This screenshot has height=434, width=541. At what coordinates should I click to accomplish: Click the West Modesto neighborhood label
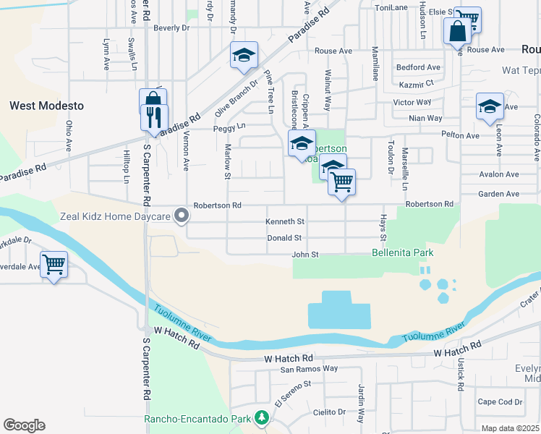click(x=46, y=106)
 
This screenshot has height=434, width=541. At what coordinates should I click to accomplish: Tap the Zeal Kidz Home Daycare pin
click(x=182, y=216)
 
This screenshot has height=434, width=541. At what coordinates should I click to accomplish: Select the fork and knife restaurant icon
click(x=154, y=116)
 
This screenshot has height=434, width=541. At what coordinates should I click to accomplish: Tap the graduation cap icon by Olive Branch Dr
click(x=244, y=55)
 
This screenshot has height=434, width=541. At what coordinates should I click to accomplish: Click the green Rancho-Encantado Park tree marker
click(x=261, y=418)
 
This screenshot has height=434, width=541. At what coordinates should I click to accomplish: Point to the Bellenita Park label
click(x=401, y=253)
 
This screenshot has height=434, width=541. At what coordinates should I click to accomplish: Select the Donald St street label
click(x=284, y=237)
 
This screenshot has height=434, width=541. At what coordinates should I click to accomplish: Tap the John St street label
click(x=304, y=254)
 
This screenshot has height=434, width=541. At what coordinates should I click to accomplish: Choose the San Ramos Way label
click(x=310, y=368)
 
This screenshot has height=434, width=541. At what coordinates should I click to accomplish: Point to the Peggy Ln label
click(x=229, y=127)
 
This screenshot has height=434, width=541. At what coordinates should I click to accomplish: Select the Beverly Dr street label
click(x=171, y=27)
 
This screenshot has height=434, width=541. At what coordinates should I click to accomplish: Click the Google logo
click(x=24, y=425)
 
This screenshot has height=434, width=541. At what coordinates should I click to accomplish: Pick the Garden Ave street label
click(x=498, y=194)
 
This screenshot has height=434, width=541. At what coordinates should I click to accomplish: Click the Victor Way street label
click(x=412, y=102)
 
